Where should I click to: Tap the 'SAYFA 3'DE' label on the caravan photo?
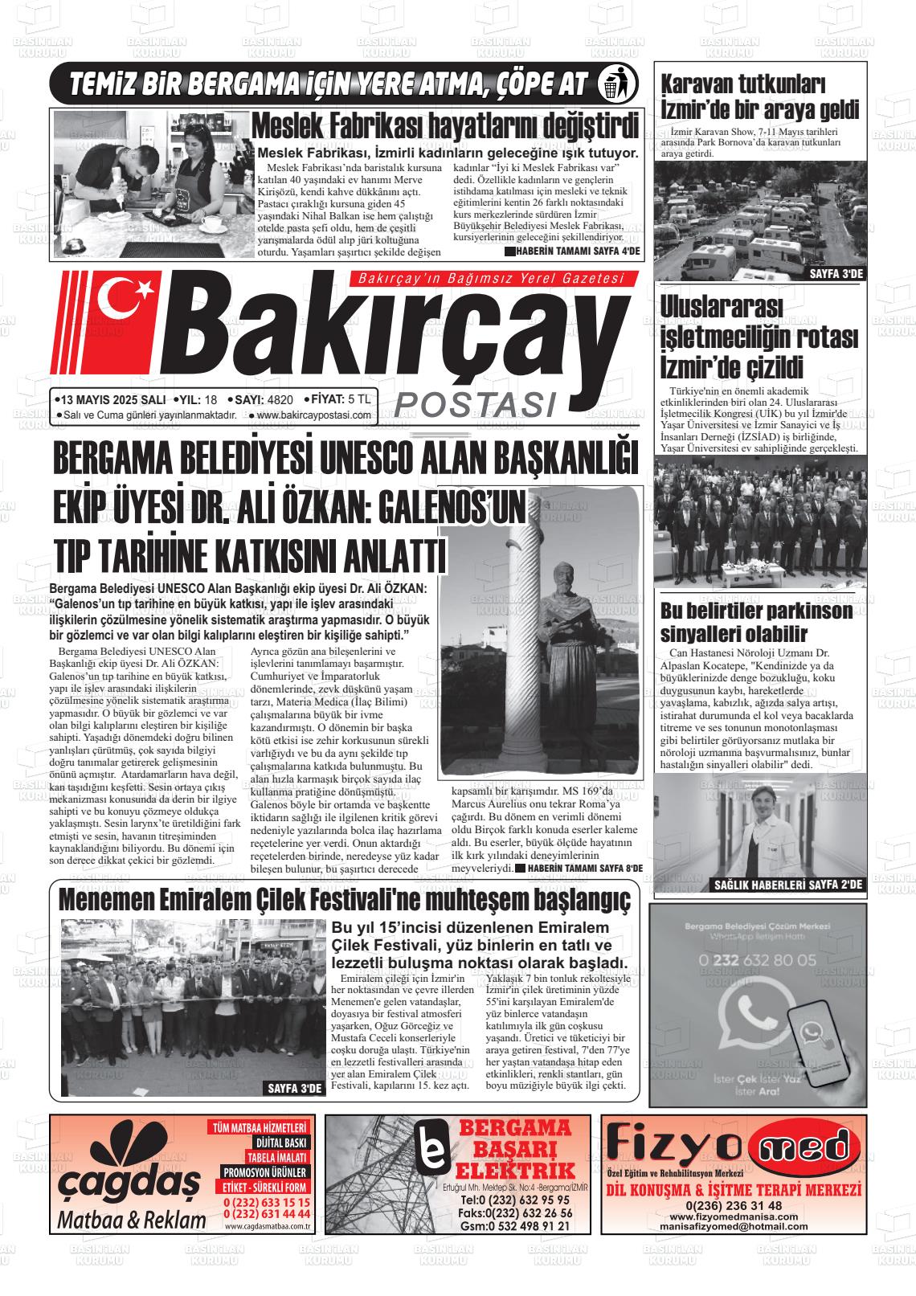(x=835, y=274)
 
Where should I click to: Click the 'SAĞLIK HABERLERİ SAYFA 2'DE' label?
(x=787, y=885)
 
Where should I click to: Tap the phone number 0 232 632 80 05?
(x=758, y=959)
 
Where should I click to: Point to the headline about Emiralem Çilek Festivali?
(x=345, y=899)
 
